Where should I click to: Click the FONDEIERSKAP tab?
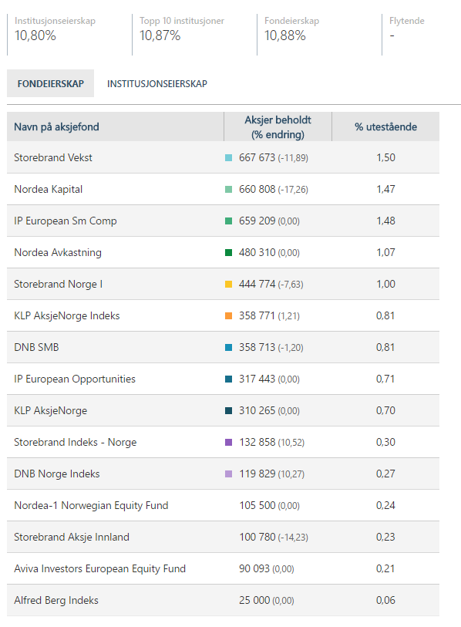click(x=50, y=83)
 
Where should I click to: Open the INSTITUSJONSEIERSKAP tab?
click(x=157, y=84)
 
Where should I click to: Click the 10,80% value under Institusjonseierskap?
click(x=35, y=36)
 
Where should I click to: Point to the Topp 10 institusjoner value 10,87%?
click(x=160, y=36)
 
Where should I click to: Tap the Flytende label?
click(x=406, y=21)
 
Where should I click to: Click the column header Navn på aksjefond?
click(x=56, y=126)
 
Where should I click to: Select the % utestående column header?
click(x=385, y=126)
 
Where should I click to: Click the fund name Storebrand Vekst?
click(x=52, y=157)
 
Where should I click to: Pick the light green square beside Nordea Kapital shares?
click(x=229, y=189)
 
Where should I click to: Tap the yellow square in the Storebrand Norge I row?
click(x=229, y=285)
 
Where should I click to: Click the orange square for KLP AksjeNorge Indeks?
click(x=229, y=316)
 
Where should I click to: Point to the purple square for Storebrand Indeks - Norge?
click(x=229, y=442)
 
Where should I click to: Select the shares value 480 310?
click(x=257, y=252)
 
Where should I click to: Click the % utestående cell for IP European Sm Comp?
click(x=385, y=221)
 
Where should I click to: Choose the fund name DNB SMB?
click(x=36, y=347)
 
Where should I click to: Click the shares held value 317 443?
click(x=257, y=379)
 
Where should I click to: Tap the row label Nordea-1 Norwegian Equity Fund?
click(x=91, y=505)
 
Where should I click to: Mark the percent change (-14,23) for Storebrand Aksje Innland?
click(x=293, y=538)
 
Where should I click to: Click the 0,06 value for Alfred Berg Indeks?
click(x=385, y=600)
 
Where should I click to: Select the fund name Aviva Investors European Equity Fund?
click(x=100, y=568)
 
